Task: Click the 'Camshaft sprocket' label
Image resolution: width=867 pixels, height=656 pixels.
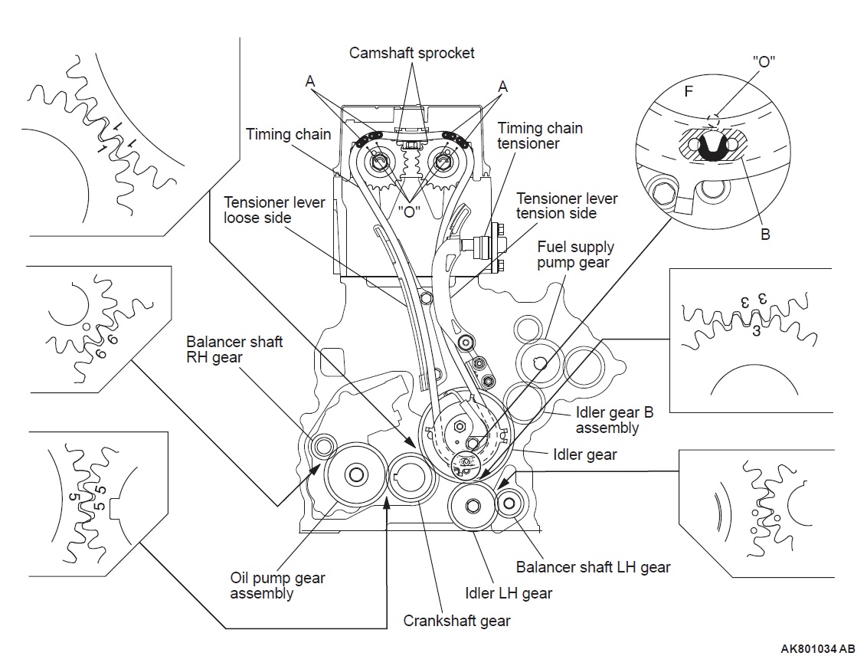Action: (x=411, y=53)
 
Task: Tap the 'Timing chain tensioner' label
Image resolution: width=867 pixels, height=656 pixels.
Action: (x=540, y=136)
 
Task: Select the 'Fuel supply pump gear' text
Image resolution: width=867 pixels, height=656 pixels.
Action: (x=576, y=254)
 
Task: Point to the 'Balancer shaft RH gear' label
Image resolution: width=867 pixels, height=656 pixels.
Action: (x=234, y=349)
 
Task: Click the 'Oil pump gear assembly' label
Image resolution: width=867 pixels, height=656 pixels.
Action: (x=277, y=585)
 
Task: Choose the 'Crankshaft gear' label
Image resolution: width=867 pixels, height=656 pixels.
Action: (x=456, y=621)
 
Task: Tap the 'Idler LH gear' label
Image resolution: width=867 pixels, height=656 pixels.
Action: (x=509, y=593)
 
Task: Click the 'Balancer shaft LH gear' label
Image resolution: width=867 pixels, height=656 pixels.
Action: (x=594, y=567)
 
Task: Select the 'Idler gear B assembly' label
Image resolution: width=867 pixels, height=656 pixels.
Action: (x=614, y=420)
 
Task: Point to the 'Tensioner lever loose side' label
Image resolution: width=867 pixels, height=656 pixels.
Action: (x=274, y=210)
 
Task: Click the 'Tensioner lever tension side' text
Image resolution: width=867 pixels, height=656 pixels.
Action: (x=567, y=205)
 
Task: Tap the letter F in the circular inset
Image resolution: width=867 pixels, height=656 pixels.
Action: (x=689, y=91)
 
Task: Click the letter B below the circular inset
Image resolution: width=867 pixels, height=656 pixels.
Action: (x=765, y=235)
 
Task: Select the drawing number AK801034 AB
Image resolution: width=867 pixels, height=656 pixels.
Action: (x=818, y=649)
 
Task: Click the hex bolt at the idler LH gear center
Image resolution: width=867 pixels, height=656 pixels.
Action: (x=473, y=506)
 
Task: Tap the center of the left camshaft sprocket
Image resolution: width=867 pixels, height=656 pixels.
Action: (x=379, y=162)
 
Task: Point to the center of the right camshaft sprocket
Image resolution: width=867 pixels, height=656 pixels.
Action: (x=440, y=162)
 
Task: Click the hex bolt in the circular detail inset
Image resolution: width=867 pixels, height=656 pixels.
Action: (x=663, y=192)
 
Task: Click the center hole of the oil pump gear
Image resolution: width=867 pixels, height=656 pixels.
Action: (x=355, y=474)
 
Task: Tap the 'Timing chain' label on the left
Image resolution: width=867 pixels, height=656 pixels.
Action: (x=288, y=134)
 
